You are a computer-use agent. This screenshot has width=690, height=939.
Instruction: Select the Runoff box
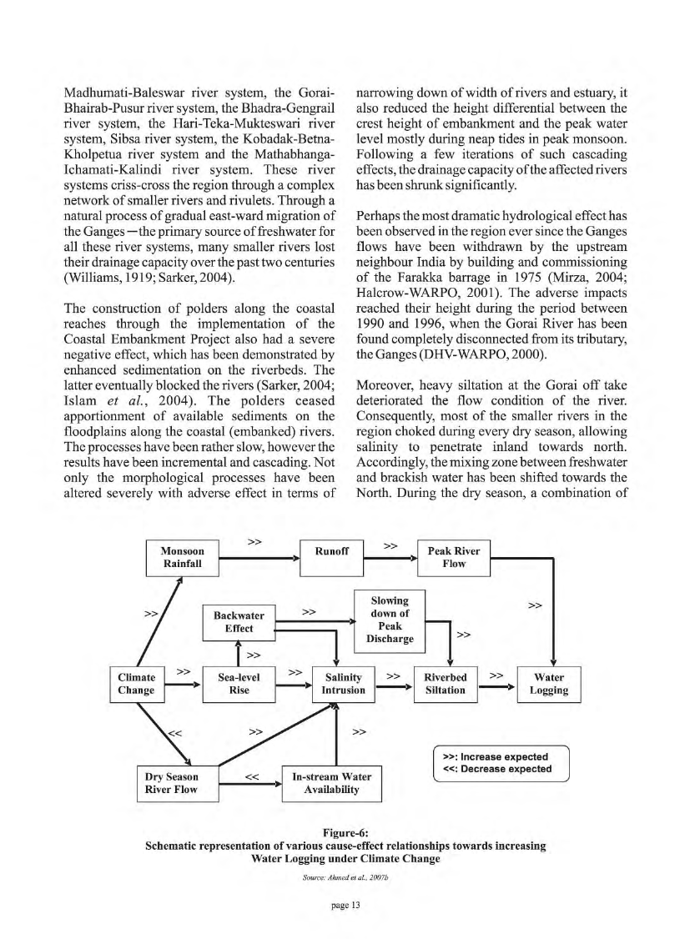click(332, 552)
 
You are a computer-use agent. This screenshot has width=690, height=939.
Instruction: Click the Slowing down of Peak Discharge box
click(390, 620)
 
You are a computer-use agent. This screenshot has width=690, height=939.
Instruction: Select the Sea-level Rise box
click(239, 684)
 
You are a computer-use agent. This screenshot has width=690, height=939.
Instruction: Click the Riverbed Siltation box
click(445, 684)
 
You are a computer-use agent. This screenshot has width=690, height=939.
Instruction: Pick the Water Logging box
click(549, 684)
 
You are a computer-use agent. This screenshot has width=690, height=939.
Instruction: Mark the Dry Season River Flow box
click(176, 783)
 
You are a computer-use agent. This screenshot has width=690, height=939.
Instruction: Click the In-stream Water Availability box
click(331, 783)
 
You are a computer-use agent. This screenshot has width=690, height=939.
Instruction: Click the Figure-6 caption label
click(345, 831)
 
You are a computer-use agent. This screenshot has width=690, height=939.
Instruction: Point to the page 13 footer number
click(345, 907)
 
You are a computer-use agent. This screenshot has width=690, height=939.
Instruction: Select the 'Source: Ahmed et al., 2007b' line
click(345, 878)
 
